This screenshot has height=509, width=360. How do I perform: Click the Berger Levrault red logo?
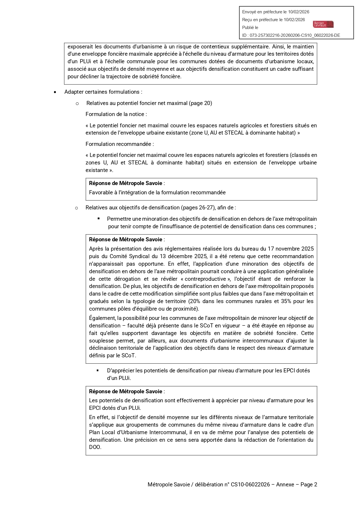[x=323, y=24]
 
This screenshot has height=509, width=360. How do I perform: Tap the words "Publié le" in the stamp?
[x=250, y=28]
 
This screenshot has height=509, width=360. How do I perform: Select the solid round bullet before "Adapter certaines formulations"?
[x=55, y=92]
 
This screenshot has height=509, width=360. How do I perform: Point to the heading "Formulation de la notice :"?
[x=116, y=114]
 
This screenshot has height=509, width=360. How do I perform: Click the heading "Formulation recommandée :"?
[x=120, y=144]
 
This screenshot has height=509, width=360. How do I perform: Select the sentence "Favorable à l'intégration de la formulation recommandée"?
[x=157, y=193]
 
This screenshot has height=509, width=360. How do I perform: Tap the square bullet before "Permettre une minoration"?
[x=99, y=218]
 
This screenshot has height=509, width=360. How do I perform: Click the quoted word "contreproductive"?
[x=205, y=279]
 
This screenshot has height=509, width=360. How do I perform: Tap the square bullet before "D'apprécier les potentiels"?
[x=98, y=370]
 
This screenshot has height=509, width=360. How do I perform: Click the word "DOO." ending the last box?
[x=95, y=447]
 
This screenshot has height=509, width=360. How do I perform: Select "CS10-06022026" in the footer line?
[x=250, y=485]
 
